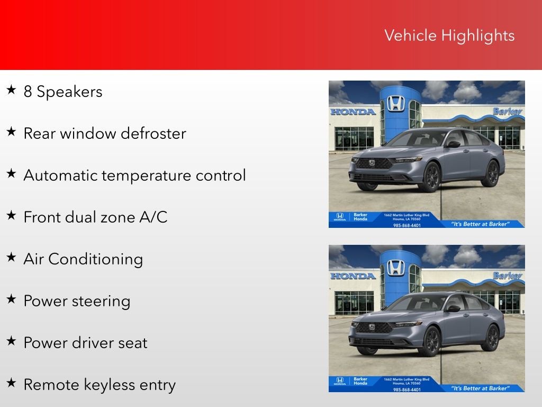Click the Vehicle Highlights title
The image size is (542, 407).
point(449,36)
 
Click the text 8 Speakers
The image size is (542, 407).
point(62,92)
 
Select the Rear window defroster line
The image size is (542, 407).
point(104,133)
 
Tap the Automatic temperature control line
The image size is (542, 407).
point(134,175)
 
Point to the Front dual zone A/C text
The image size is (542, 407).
point(95,217)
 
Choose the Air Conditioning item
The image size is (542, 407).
point(83,259)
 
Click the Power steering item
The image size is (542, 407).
point(77,301)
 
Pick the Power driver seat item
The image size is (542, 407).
point(85,343)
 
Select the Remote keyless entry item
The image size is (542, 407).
point(99,385)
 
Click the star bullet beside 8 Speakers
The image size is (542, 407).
point(11,90)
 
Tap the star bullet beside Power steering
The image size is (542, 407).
point(11,299)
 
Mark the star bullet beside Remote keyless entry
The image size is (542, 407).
point(11,383)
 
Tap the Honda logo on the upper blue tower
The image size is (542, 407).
point(395,103)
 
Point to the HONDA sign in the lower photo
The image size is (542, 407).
point(353,276)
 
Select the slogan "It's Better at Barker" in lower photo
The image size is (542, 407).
point(480,388)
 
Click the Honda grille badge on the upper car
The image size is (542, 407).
point(372,163)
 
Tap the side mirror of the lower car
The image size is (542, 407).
point(454,308)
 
